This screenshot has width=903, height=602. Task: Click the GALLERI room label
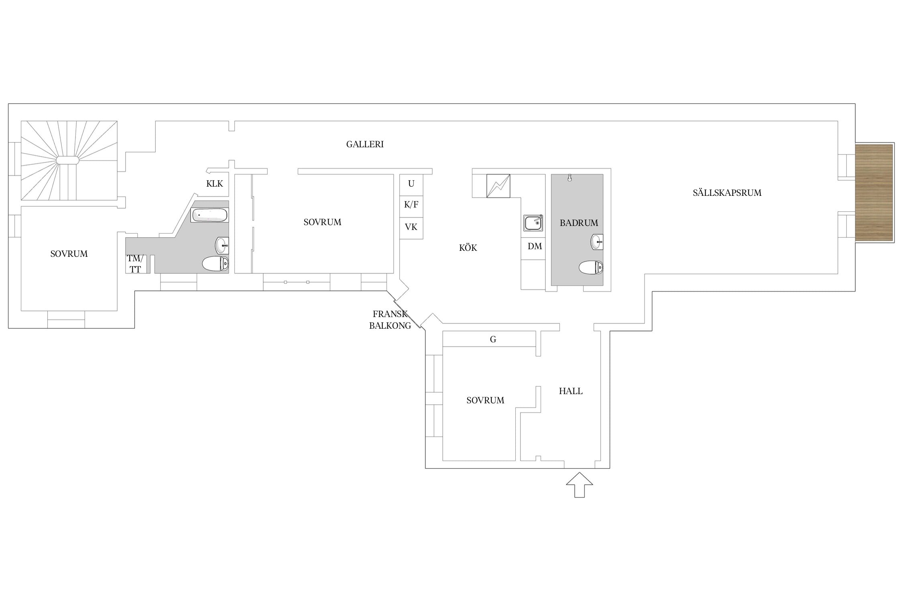pos(365,144)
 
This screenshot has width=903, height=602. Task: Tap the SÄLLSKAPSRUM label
pos(727,193)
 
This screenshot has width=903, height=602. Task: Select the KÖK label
pos(468,248)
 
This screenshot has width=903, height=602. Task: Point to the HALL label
pos(571,391)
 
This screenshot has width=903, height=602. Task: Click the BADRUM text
pos(579,223)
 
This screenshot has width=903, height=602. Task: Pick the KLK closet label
pos(214,184)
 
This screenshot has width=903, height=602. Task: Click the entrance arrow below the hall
pos(580,485)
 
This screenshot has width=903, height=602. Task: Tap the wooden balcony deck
pos(874,193)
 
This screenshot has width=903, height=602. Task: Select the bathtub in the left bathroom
pos(209,215)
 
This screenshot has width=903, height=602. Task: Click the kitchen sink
pos(533,223)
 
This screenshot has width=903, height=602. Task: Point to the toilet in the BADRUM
pos(591,267)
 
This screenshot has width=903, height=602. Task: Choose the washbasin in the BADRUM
pos(597,242)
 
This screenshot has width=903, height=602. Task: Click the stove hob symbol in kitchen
pos(498,186)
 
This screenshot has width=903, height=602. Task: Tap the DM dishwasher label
pos(535,246)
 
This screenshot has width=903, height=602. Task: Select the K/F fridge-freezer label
pos(411,205)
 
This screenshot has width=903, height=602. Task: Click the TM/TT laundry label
pos(135,264)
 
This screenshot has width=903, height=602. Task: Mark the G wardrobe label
pos(493,340)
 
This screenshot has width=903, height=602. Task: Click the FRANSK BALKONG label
pos(390,320)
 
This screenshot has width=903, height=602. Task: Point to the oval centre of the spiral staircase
pos(67,160)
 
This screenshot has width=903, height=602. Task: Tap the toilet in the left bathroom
pos(216,264)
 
